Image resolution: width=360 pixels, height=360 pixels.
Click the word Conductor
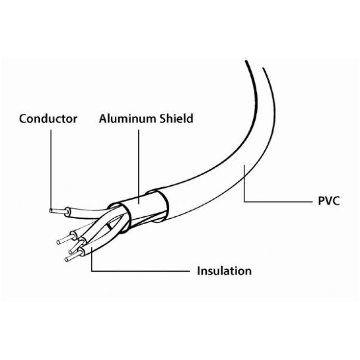click(48, 119)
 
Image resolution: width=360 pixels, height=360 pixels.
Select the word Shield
click(176, 119)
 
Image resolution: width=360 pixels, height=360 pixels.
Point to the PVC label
click(328, 201)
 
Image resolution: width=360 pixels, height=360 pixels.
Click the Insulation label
click(224, 271)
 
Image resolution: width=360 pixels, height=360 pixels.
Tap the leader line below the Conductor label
click(51, 169)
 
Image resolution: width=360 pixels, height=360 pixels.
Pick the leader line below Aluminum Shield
click(139, 167)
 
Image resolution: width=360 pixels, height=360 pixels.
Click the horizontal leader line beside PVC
click(278, 202)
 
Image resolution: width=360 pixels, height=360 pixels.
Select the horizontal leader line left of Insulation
click(141, 271)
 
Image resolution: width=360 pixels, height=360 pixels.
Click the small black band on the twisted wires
click(109, 226)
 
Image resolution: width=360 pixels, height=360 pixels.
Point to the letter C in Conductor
click(23, 119)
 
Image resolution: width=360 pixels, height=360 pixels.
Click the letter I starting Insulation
click(199, 271)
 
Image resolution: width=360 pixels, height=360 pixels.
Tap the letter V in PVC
click(328, 201)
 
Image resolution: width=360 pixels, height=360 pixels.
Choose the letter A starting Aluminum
click(103, 119)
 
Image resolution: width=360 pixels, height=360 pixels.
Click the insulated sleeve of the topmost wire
click(87, 213)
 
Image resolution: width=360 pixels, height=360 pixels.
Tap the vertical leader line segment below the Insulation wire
click(92, 259)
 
